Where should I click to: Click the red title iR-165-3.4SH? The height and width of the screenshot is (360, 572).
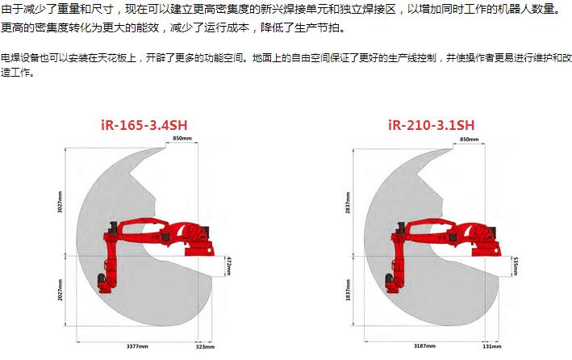point(144,125)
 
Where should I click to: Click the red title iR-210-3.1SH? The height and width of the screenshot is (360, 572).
point(431,125)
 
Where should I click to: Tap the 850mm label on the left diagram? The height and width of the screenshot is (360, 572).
point(182,138)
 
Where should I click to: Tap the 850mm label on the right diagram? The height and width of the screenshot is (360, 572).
point(469,139)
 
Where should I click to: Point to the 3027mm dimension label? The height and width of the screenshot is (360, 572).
point(61,202)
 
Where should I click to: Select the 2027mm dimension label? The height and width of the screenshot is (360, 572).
point(61,290)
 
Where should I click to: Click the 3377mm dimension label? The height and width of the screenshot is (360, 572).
point(137,346)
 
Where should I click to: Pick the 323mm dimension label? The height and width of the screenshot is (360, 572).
point(205,346)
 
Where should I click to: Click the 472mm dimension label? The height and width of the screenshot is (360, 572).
point(229,266)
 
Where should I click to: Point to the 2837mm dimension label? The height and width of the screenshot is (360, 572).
point(348,203)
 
